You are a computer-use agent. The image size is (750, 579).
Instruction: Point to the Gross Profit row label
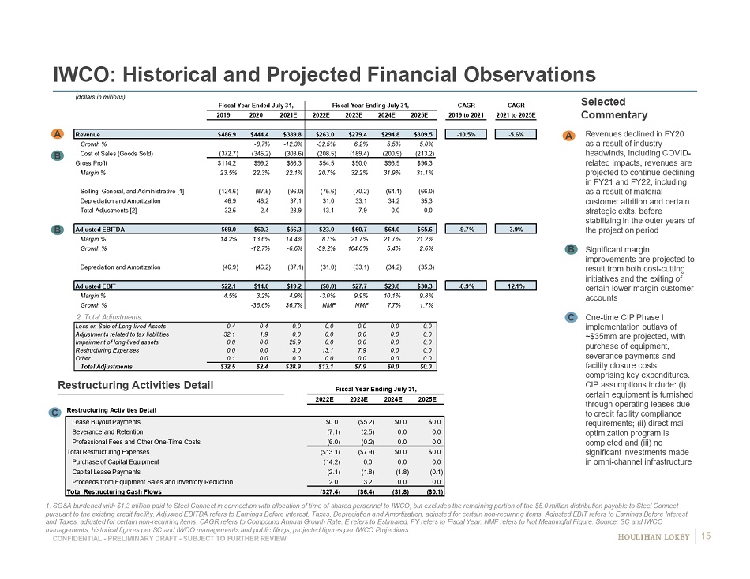pos(92,162)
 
